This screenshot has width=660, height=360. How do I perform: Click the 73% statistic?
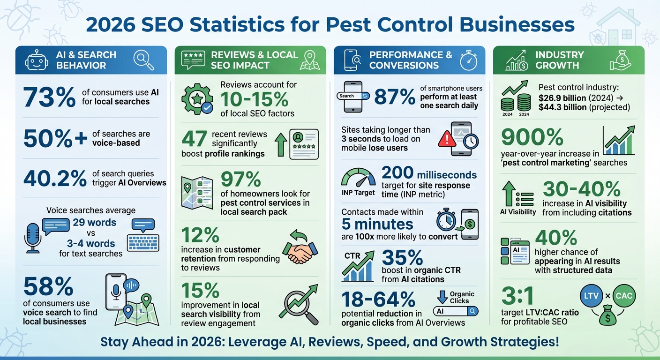click(49, 97)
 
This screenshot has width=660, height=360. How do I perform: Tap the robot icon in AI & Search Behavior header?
click(36, 60)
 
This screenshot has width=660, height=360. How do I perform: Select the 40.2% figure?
click(55, 178)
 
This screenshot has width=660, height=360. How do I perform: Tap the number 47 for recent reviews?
click(194, 139)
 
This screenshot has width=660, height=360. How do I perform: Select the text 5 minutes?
click(377, 224)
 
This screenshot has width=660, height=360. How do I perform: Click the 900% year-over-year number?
click(532, 137)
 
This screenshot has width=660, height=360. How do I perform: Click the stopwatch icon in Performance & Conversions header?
click(468, 60)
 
